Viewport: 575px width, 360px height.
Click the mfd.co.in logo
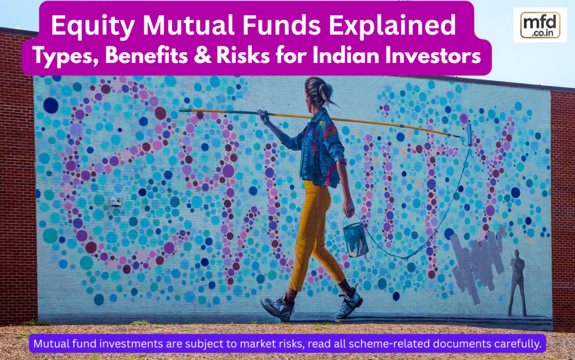pyautogui.click(x=540, y=25)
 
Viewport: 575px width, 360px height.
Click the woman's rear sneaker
pyautogui.click(x=277, y=308)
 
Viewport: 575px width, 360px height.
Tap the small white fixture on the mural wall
pyautogui.click(x=115, y=202)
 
